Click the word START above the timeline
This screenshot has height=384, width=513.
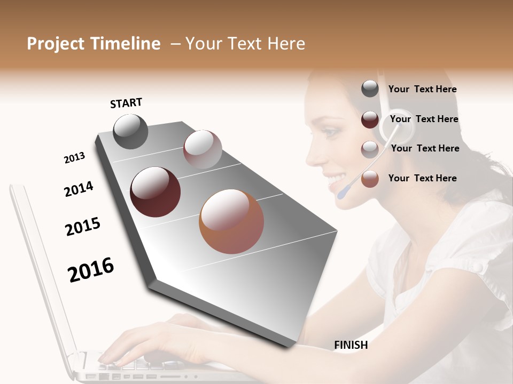(x=126, y=103)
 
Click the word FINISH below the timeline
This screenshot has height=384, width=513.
(x=351, y=345)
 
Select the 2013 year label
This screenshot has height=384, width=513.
(x=74, y=158)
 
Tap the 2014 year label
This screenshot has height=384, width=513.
(x=79, y=189)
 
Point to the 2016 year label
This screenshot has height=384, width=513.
(x=91, y=270)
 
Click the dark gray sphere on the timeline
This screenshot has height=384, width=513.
(x=130, y=131)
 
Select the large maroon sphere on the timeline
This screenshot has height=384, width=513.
(x=156, y=192)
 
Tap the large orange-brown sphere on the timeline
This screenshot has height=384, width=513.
(x=231, y=221)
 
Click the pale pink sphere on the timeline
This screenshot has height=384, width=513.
(x=203, y=149)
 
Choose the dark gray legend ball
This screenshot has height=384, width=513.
(x=370, y=89)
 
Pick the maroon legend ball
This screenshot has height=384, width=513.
(x=370, y=119)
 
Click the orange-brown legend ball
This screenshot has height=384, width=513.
(x=370, y=179)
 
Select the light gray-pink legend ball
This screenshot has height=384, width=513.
(x=370, y=149)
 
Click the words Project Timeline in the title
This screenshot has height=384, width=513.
(x=94, y=44)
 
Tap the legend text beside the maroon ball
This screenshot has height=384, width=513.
(x=424, y=119)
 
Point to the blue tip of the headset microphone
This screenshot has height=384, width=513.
(x=343, y=191)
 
